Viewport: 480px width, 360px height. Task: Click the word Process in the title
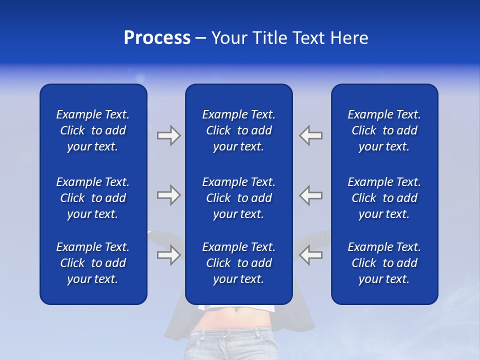157,38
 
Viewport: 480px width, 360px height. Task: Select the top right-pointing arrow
168,135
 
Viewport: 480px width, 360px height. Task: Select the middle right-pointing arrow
168,195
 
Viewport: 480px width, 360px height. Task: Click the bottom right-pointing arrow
168,255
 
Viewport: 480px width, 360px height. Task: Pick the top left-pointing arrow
311,135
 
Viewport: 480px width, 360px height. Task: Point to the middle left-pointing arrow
311,195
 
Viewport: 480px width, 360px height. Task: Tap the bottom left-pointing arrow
311,255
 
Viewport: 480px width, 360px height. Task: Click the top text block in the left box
93,130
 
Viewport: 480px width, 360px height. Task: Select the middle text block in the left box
93,198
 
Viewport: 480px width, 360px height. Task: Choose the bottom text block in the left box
93,263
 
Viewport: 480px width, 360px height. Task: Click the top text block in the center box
238,130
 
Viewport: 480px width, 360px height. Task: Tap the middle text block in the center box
238,198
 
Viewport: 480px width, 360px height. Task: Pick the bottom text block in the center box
238,263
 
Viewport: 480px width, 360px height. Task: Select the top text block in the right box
384,130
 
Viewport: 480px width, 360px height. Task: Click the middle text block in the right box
384,198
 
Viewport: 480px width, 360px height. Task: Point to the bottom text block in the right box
384,263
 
